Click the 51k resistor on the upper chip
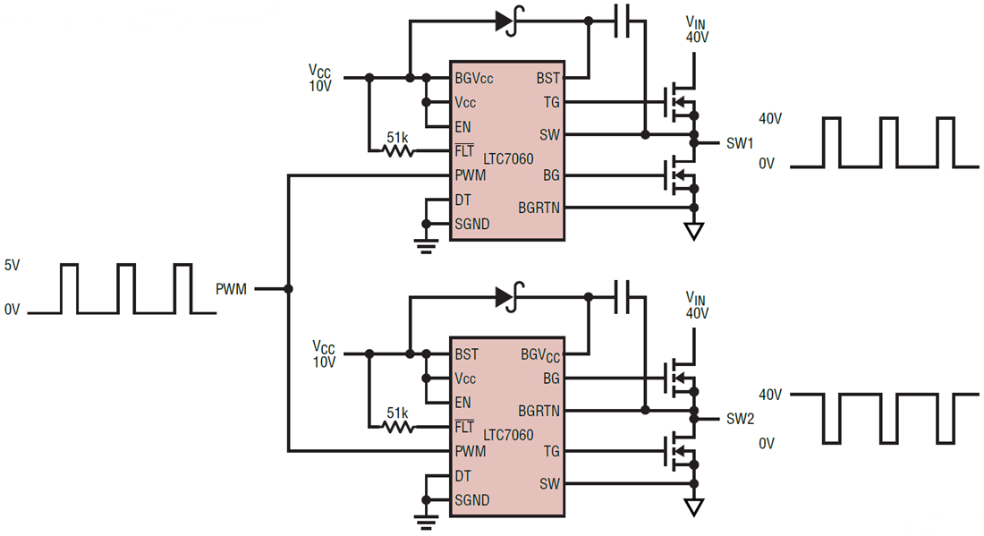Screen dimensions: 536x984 point(398,151)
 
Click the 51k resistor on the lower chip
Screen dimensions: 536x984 point(398,427)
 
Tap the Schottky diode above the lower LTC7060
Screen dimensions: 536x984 point(508,297)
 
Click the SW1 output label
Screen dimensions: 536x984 point(740,143)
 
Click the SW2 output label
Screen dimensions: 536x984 point(740,419)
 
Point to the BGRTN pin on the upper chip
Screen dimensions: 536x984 point(539,208)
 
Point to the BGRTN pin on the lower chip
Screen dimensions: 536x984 point(539,411)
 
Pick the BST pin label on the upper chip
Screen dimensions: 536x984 point(547,78)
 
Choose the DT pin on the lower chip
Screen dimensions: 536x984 point(462,476)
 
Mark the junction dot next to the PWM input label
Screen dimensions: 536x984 point(288,289)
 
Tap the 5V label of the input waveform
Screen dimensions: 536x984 point(11,266)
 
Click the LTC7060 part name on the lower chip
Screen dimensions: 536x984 point(508,436)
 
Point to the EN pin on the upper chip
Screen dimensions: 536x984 point(462,127)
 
